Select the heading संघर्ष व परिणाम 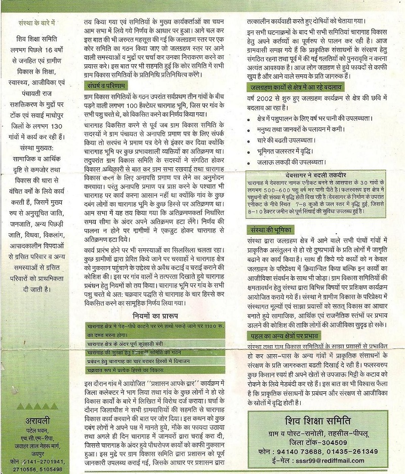[106, 85]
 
